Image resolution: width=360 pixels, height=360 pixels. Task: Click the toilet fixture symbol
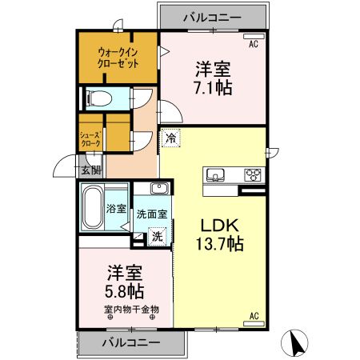click(x=99, y=99)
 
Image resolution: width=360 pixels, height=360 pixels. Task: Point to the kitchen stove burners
click(x=253, y=175)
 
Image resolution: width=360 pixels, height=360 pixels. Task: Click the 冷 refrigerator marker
click(x=171, y=138)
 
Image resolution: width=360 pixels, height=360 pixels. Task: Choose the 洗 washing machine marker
click(x=158, y=236)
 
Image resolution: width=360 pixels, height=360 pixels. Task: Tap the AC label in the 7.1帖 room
click(x=253, y=44)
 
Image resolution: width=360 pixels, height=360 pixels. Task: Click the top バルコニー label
click(x=213, y=15)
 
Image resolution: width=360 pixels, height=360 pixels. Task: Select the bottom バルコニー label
click(x=131, y=343)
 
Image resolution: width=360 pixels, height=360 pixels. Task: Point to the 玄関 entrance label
click(x=90, y=170)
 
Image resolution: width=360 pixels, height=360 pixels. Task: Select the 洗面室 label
click(x=151, y=214)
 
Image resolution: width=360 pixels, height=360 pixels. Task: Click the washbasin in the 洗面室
click(x=158, y=190)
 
